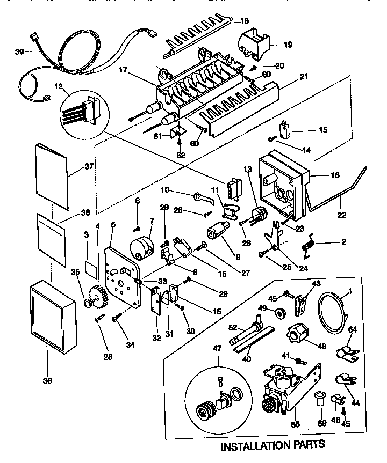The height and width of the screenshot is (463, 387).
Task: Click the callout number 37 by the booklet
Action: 89,166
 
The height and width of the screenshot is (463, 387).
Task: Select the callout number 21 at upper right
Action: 303,77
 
